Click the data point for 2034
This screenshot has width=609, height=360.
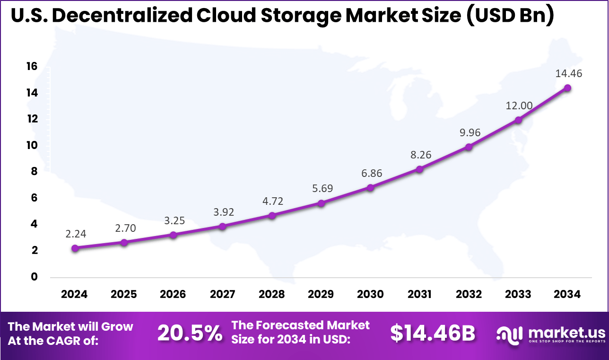(x=567, y=88)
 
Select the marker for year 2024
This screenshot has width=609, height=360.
(x=75, y=248)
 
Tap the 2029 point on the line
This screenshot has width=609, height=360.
(x=321, y=203)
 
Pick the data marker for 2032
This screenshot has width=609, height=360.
(x=469, y=147)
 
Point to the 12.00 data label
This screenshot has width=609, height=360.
(x=518, y=105)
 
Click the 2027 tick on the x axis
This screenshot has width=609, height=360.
(x=223, y=294)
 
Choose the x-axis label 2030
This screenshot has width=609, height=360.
(x=370, y=294)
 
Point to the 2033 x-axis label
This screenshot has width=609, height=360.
(x=518, y=294)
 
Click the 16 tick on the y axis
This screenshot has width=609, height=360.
(x=32, y=67)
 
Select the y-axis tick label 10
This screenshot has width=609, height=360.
(x=32, y=145)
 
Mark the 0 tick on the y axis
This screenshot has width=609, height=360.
(x=35, y=277)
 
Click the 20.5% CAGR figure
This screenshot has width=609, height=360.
(x=190, y=333)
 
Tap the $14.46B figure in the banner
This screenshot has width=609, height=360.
(x=433, y=333)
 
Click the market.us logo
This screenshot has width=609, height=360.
(x=550, y=334)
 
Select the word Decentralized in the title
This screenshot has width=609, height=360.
(x=124, y=16)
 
